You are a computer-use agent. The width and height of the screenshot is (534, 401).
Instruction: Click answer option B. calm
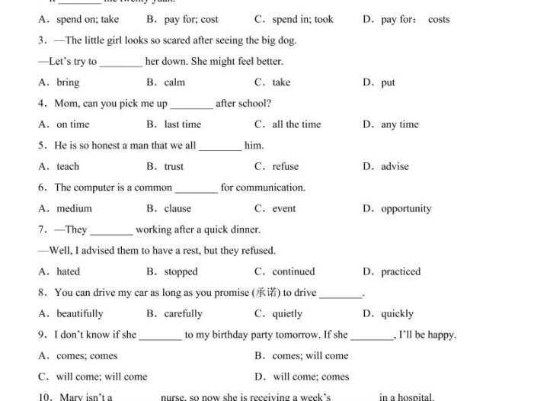(174, 82)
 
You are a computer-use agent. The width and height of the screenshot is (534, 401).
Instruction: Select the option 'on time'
(72, 124)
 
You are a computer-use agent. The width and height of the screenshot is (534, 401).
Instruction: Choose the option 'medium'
(74, 208)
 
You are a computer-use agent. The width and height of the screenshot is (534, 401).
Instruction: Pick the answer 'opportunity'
(406, 208)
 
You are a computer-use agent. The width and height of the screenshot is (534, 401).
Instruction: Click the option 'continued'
(293, 271)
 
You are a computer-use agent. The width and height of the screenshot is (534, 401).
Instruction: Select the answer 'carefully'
(183, 313)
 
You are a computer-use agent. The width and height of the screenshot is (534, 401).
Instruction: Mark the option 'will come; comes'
(311, 376)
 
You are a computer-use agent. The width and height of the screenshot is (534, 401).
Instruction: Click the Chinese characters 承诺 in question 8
(266, 292)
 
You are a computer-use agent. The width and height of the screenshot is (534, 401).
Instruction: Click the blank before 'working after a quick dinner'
(111, 230)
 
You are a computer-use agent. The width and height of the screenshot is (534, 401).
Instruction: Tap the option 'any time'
(400, 124)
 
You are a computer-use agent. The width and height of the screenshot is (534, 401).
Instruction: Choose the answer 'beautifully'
(79, 313)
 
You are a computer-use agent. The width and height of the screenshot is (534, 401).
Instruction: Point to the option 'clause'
(177, 208)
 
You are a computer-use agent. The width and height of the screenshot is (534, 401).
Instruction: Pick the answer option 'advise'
(395, 166)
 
